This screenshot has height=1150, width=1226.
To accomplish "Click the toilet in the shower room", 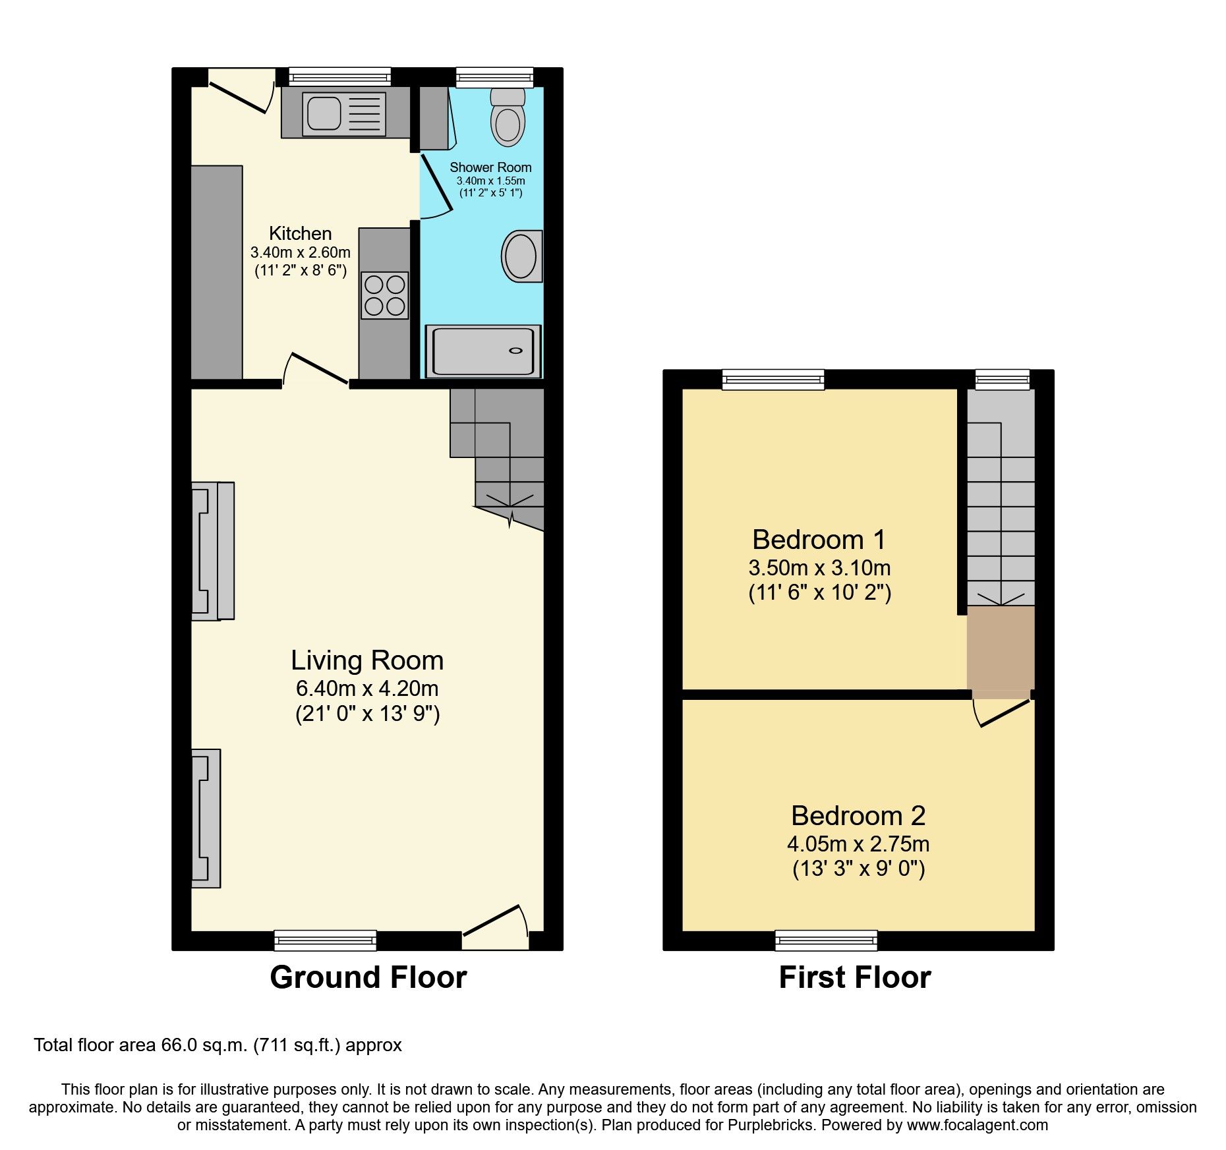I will coord(508,119).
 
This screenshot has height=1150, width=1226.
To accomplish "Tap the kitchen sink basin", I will coord(323,111).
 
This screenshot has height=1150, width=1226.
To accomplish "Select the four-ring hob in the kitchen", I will coord(385,295).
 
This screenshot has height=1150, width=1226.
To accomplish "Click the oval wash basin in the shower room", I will coord(521,256).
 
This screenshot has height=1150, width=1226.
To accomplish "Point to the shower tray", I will coord(482,352).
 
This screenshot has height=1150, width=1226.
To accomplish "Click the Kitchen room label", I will coord(300,233).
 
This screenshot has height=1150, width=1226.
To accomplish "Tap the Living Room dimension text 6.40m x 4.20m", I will coord(367,689).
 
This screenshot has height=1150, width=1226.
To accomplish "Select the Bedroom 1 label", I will coord(819,540).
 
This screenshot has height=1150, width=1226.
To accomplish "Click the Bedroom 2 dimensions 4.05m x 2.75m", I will coord(858,844).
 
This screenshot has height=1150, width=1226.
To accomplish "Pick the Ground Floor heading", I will coord(368,977).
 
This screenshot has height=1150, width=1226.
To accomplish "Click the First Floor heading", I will coord(854,977).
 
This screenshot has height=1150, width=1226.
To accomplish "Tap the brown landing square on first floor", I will coord(1000,648).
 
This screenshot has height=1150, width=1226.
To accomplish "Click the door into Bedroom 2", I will coord(1004,714).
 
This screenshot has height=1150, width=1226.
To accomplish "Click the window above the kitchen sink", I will coord(340,76).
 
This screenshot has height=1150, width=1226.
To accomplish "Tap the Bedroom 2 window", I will coord(826,940).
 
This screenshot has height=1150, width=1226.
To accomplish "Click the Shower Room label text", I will coord(490,167).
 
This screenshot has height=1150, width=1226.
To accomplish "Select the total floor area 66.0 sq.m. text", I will coord(218,1045).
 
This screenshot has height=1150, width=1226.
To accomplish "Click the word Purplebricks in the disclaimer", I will coord(770,1125).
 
